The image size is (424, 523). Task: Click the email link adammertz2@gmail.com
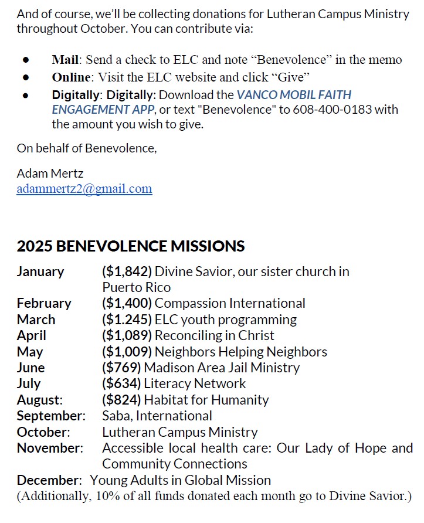[x=84, y=189]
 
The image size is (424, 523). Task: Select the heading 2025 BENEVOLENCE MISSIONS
[x=130, y=246]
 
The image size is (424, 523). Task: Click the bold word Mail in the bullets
[x=65, y=60]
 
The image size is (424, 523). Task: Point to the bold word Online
[x=71, y=77]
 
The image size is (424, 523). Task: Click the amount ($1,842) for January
[x=127, y=271]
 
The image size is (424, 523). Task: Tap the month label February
[x=44, y=303]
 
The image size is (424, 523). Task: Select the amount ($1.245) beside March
[x=127, y=320]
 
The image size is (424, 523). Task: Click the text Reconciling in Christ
[x=214, y=335]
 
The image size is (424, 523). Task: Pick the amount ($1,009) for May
[x=127, y=352]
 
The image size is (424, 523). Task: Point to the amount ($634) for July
[x=121, y=383]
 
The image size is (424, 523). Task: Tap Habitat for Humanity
[x=206, y=400]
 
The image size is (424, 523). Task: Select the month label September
[x=51, y=416]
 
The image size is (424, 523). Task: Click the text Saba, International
[x=157, y=416]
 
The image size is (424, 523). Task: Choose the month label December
[x=49, y=480]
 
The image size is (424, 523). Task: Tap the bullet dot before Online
[x=26, y=77]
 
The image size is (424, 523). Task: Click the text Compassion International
[x=230, y=303]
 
